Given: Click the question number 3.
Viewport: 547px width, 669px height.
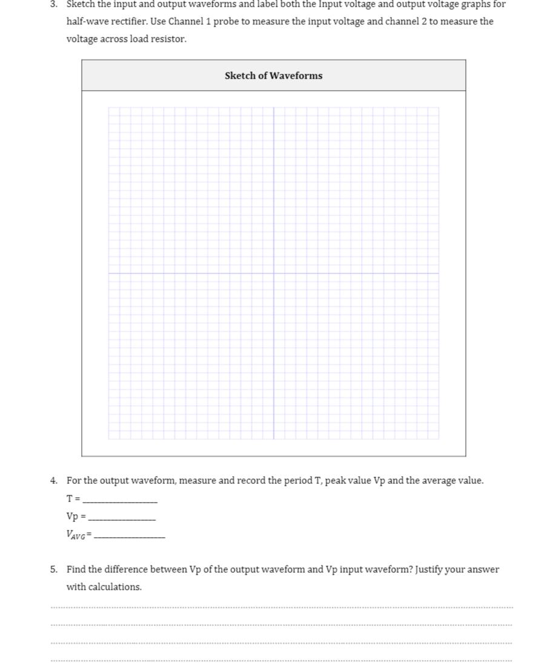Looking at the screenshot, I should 54,4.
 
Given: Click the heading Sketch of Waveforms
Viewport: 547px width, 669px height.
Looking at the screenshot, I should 273,76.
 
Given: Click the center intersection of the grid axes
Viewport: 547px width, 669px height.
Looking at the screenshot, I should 274,273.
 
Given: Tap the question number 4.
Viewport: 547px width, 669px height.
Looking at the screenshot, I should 54,481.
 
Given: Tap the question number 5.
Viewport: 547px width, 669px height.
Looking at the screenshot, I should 54,569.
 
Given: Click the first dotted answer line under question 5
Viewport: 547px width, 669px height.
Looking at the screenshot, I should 282,607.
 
